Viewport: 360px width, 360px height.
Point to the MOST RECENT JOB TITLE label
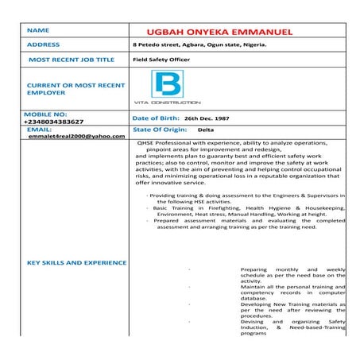click(72, 60)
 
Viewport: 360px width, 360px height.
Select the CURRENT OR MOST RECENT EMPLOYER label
click(64, 88)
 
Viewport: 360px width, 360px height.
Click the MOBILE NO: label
click(47, 114)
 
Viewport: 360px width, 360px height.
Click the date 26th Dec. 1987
click(207, 118)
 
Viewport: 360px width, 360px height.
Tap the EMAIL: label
click(39, 129)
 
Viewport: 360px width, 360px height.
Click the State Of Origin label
click(160, 129)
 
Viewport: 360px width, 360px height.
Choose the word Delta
click(206, 129)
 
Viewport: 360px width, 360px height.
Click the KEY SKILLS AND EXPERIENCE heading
click(76, 261)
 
